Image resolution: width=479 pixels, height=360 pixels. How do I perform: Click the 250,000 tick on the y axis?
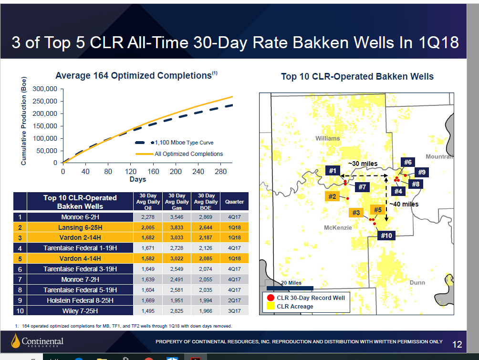[x=45, y=102]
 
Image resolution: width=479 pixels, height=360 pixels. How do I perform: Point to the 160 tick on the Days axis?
[x=153, y=172]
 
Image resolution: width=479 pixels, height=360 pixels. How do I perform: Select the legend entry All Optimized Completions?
[x=179, y=154]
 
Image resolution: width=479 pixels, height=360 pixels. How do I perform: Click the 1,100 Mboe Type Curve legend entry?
[x=175, y=143]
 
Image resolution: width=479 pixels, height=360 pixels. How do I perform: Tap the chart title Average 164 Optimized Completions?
[x=136, y=75]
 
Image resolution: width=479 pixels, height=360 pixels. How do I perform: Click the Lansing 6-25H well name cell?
[x=80, y=227]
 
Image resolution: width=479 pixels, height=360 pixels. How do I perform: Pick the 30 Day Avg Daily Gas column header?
[x=177, y=202]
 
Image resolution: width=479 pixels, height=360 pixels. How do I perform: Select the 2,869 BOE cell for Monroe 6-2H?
[x=206, y=217]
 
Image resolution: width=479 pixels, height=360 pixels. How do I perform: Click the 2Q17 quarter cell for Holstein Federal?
[x=234, y=300]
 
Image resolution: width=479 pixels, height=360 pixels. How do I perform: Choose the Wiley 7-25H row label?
[x=80, y=311]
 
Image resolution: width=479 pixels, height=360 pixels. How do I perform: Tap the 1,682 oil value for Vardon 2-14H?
[x=148, y=237]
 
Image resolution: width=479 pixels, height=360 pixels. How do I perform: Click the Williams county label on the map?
[x=327, y=138]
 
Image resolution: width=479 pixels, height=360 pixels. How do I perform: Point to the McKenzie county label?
[x=338, y=227]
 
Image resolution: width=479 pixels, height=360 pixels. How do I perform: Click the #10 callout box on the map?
[x=386, y=236]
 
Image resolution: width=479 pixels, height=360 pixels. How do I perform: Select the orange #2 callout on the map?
[x=333, y=196]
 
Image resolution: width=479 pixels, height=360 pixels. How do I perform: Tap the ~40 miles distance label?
[x=404, y=204]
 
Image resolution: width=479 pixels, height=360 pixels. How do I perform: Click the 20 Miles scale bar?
[x=290, y=288]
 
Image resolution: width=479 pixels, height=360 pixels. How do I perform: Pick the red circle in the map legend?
[x=271, y=298]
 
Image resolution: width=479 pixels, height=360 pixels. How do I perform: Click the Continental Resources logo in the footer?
[x=37, y=341]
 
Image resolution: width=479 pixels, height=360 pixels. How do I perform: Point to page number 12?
[x=457, y=344]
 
